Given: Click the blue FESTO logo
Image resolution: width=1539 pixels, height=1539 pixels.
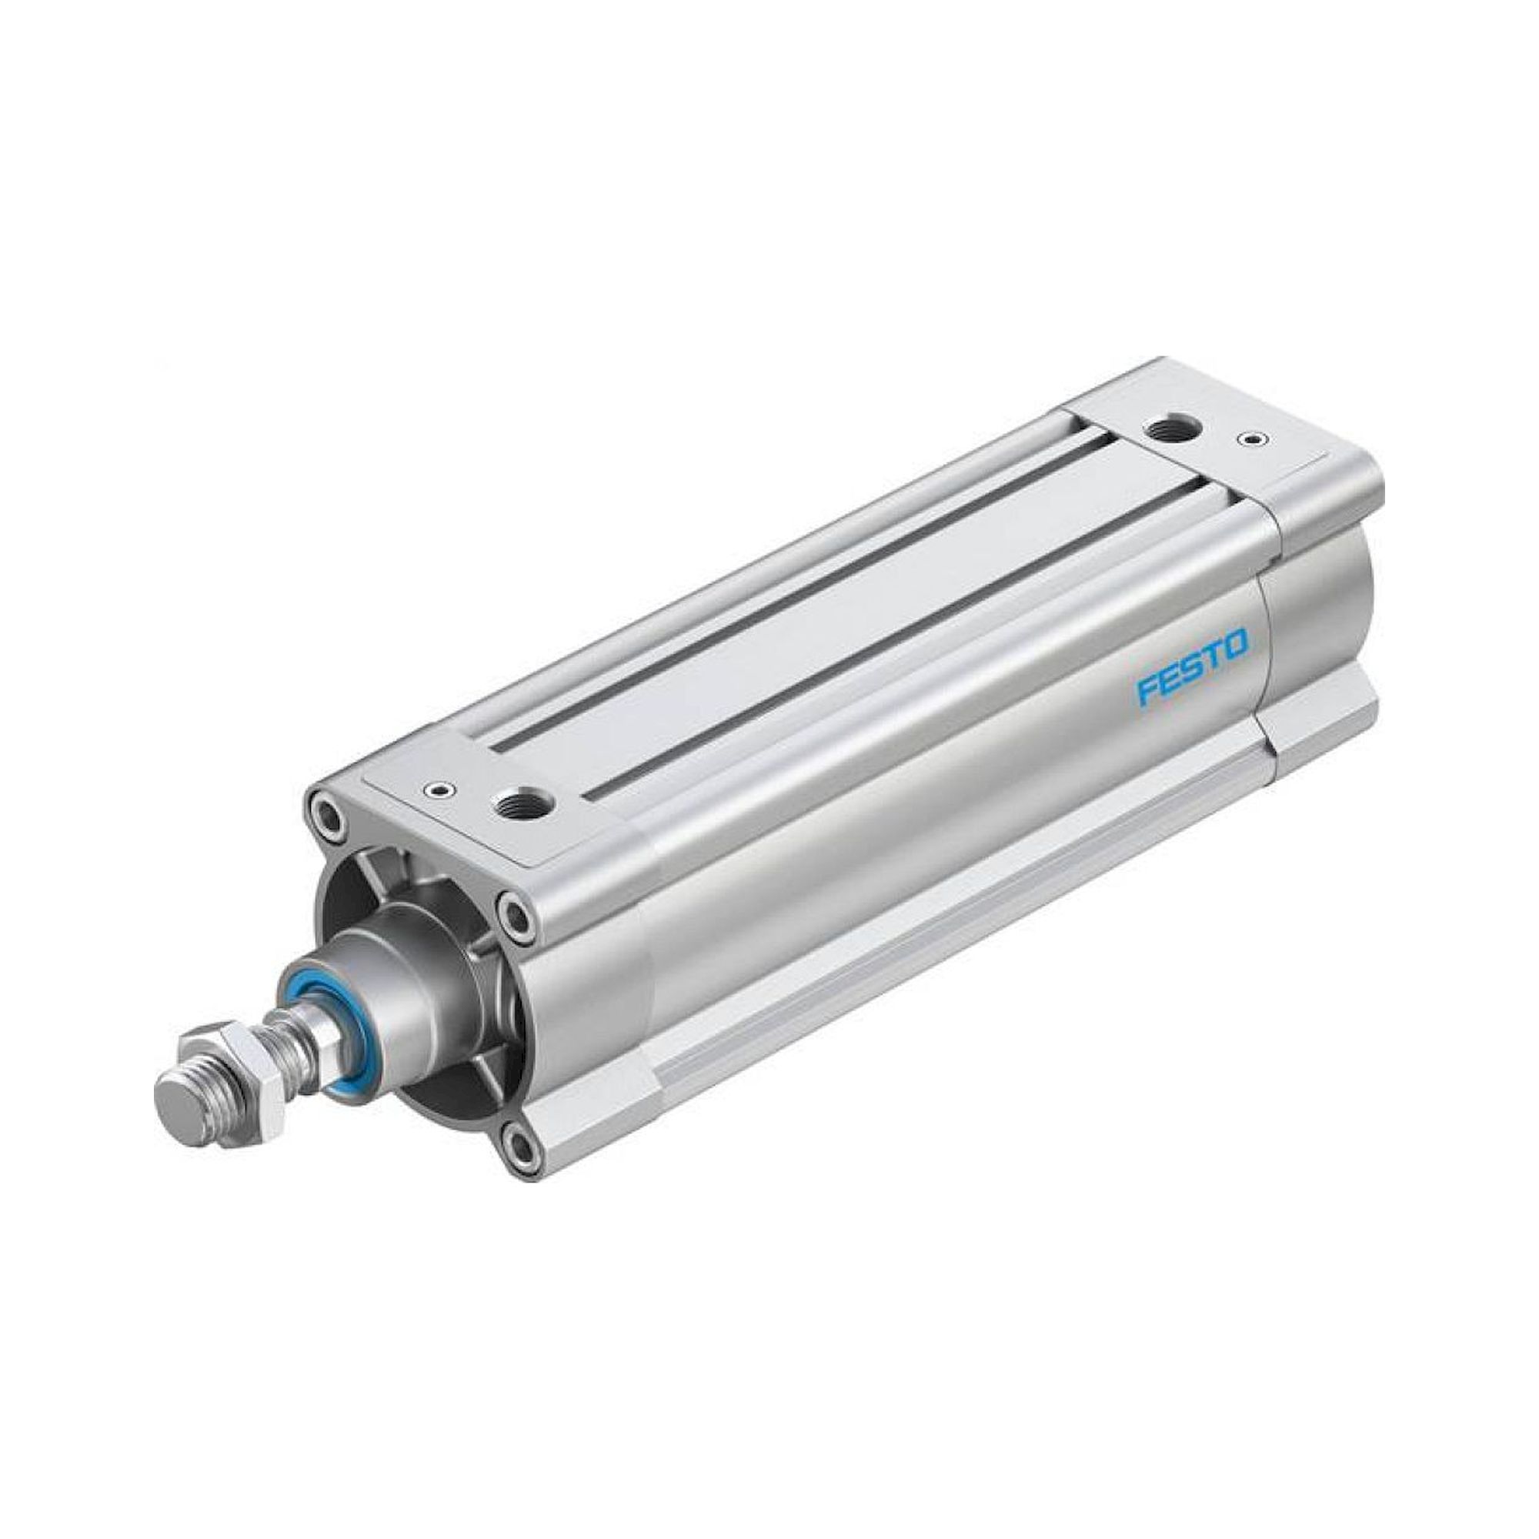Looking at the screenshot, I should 1193,657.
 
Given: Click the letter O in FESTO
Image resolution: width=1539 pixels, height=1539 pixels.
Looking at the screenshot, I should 1236,642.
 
